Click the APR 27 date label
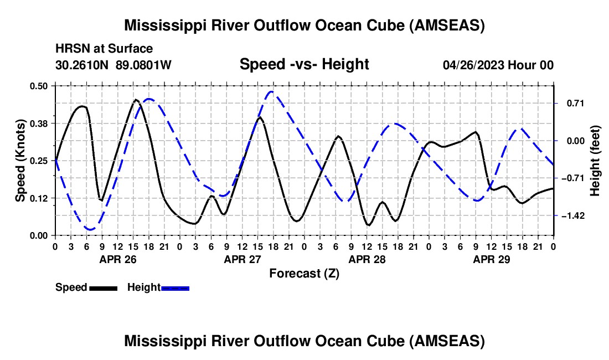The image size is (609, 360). pyautogui.click(x=242, y=259)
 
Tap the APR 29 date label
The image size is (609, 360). pyautogui.click(x=491, y=259)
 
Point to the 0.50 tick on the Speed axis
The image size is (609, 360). pyautogui.click(x=39, y=86)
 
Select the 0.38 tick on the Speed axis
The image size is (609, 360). pyautogui.click(x=39, y=124)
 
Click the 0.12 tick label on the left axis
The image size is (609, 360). pyautogui.click(x=39, y=198)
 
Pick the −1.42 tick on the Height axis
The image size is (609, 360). pyautogui.click(x=572, y=216)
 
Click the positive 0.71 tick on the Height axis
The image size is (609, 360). pyautogui.click(x=575, y=104)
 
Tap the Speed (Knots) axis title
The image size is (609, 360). pyautogui.click(x=20, y=161)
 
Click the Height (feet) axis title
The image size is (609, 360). pyautogui.click(x=595, y=161)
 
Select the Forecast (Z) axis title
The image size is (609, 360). pyautogui.click(x=304, y=274)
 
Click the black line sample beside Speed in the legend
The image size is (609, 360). pyautogui.click(x=104, y=288)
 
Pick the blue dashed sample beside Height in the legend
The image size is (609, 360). pyautogui.click(x=175, y=288)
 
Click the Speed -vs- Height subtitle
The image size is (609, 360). pyautogui.click(x=304, y=64)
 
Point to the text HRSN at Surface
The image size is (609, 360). pyautogui.click(x=104, y=49)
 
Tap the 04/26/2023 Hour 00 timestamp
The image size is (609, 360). pyautogui.click(x=498, y=65)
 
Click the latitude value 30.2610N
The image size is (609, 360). pyautogui.click(x=82, y=65)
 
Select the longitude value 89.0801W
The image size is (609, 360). pyautogui.click(x=143, y=65)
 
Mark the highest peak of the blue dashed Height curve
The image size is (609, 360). pyautogui.click(x=271, y=91)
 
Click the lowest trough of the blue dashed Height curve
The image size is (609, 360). pyautogui.click(x=90, y=229)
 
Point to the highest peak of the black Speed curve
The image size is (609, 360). pyautogui.click(x=136, y=100)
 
